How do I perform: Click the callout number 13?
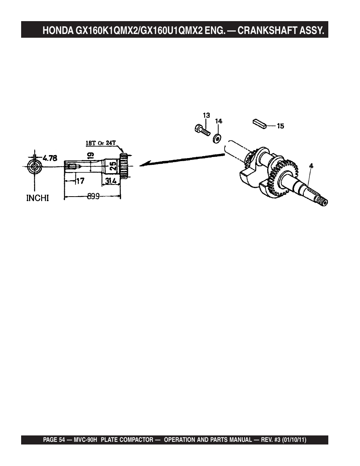pos(206,115)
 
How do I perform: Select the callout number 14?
pos(219,121)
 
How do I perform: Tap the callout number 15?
pos(280,126)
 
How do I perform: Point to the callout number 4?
pos(311,166)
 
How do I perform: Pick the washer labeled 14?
pos(217,138)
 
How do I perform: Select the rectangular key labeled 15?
pos(260,124)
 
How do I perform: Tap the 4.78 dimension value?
pos(50,158)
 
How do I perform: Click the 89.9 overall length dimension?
pos(93,197)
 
